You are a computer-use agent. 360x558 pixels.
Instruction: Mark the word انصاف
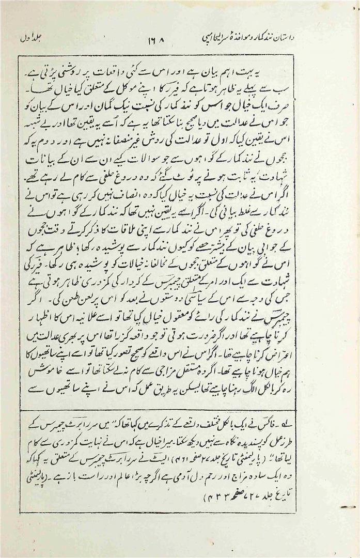[x=118, y=197]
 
